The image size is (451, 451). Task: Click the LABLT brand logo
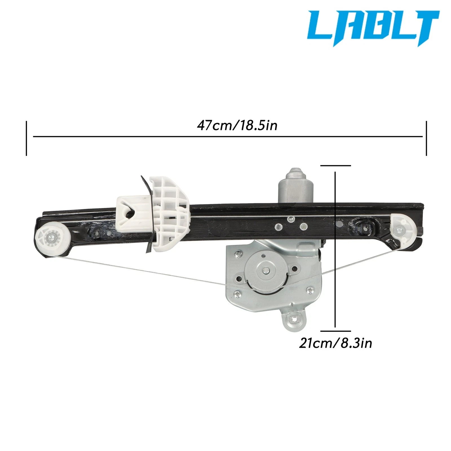(373, 28)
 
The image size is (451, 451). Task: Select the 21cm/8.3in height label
(335, 343)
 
